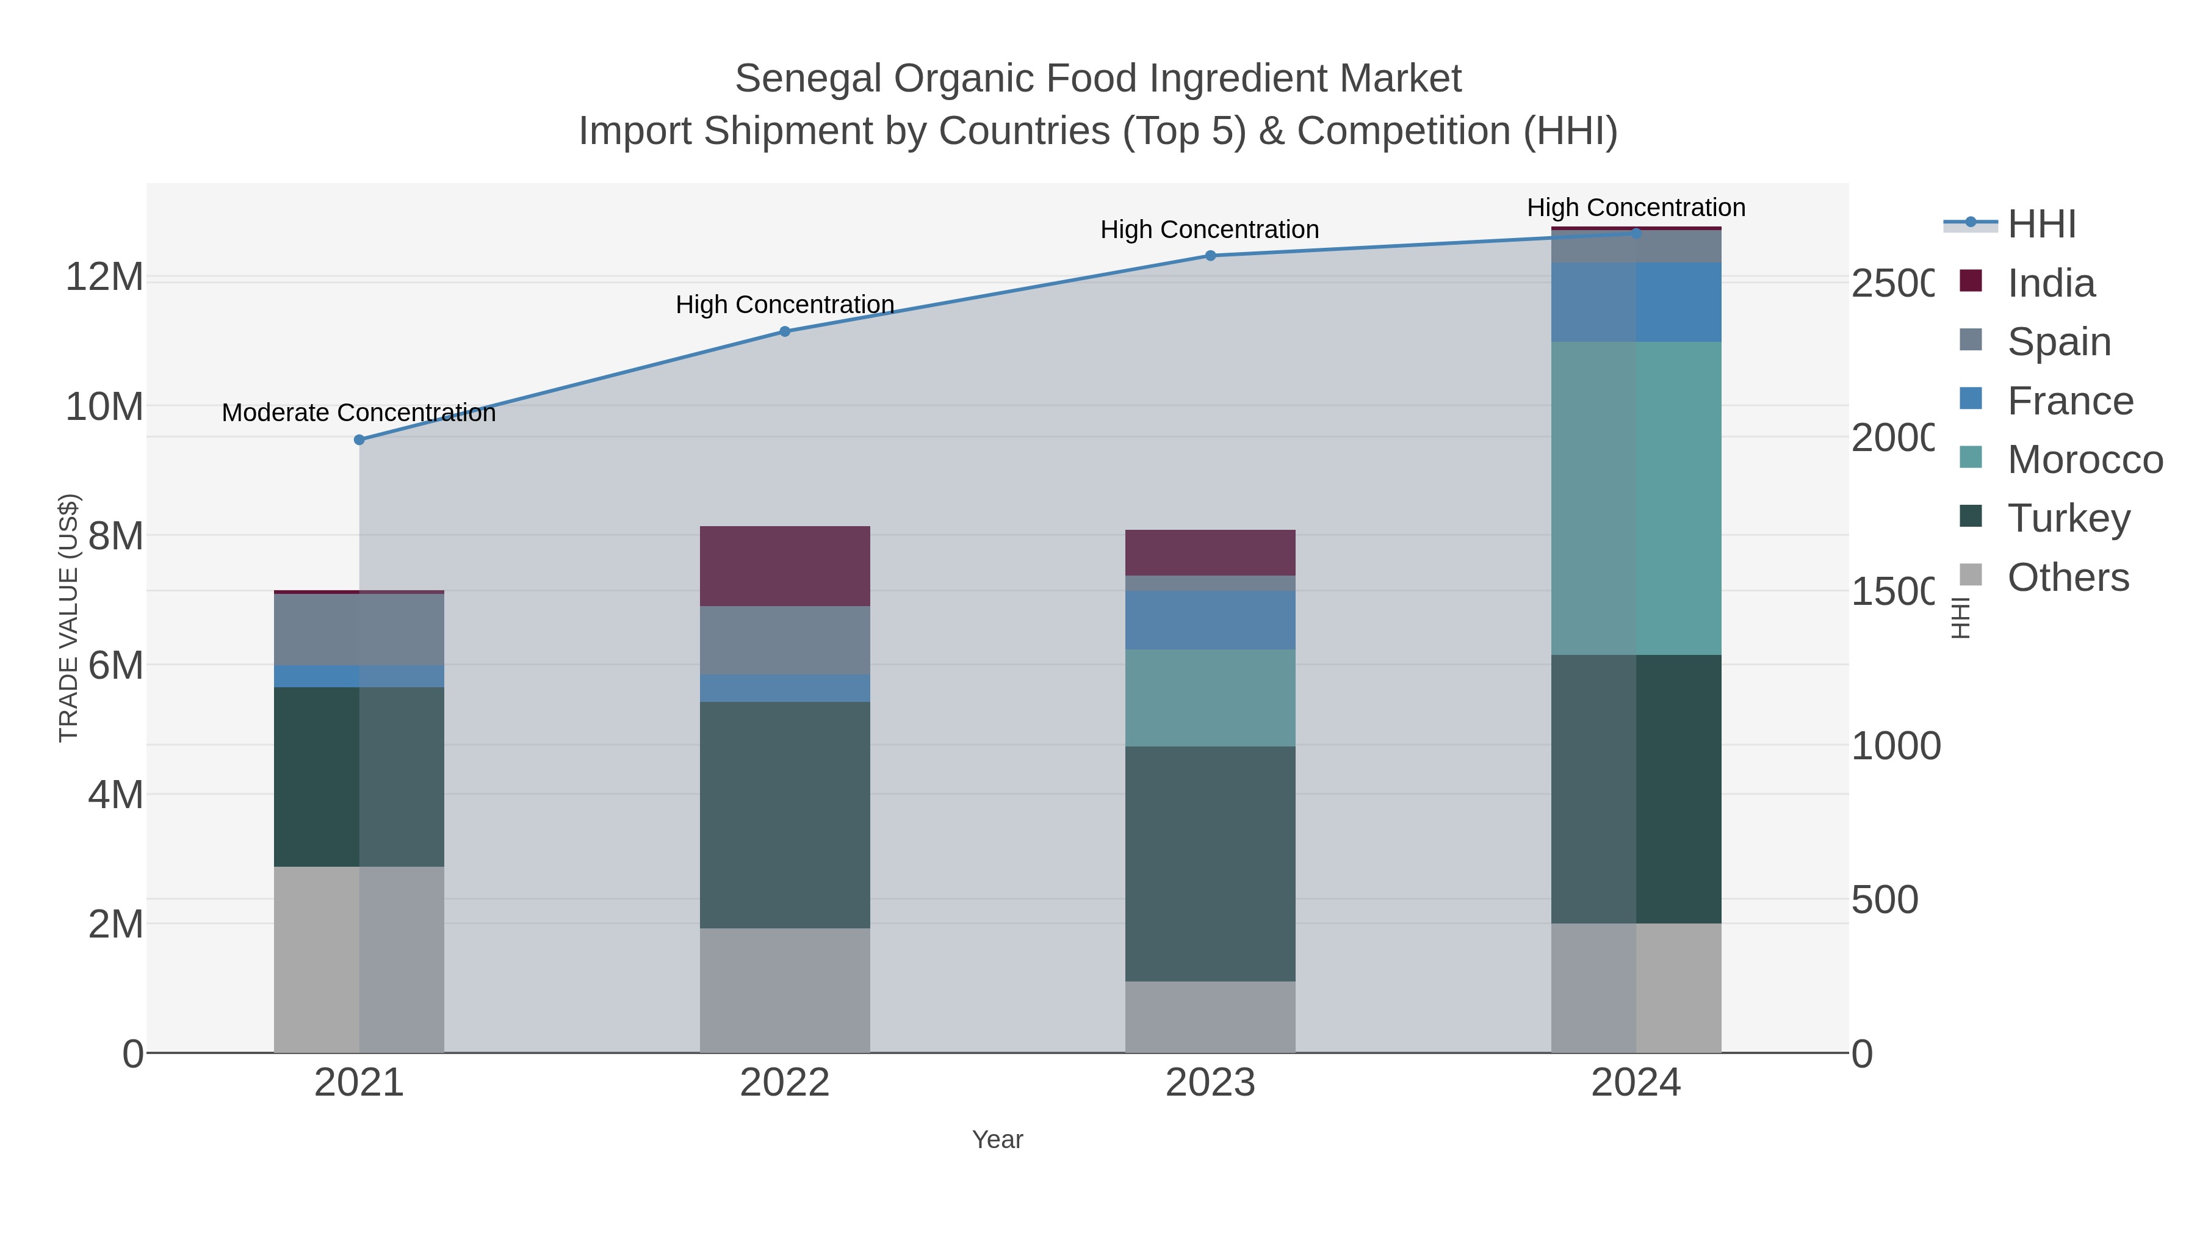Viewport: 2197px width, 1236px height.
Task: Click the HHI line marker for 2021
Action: coord(359,440)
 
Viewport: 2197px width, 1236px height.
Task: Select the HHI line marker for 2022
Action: coord(785,332)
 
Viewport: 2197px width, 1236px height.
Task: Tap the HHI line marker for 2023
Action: coord(1210,256)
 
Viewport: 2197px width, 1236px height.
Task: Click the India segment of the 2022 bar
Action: coord(785,566)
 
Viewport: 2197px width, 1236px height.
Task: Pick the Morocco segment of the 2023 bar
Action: coord(1210,698)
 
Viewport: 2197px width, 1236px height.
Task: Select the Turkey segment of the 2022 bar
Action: coord(785,815)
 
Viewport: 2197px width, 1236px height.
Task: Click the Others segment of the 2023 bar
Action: coord(1210,1017)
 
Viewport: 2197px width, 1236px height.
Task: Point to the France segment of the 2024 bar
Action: coord(1636,302)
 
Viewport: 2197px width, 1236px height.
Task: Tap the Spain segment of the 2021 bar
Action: coord(359,629)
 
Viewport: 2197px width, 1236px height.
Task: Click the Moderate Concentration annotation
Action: coord(358,413)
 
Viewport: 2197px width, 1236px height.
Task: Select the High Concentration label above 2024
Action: coord(1636,208)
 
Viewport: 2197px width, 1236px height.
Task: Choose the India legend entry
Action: coord(2051,283)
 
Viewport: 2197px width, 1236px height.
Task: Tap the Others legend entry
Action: coord(2068,577)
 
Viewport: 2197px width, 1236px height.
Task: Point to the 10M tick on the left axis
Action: coord(104,407)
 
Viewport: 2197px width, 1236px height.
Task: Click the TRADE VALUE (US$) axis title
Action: coord(68,618)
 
